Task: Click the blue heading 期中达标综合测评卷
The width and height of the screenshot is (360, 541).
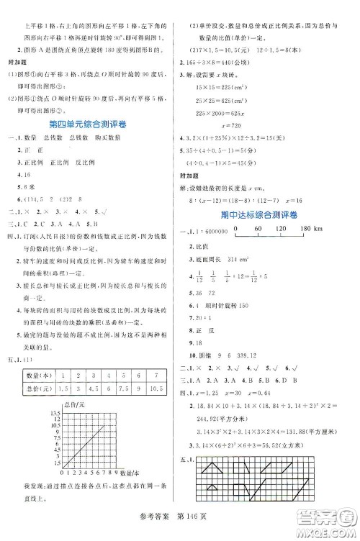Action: (x=261, y=216)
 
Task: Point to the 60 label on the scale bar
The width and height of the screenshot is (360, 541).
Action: (x=259, y=229)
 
